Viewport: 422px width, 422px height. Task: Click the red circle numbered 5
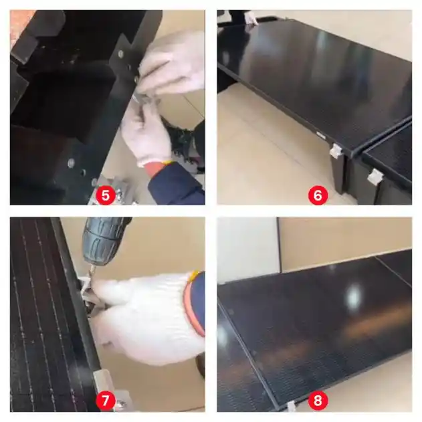pyautogui.click(x=106, y=195)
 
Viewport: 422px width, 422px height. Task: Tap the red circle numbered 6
pyautogui.click(x=318, y=195)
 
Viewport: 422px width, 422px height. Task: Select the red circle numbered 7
pyautogui.click(x=106, y=401)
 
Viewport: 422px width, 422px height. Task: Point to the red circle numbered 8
pyautogui.click(x=318, y=401)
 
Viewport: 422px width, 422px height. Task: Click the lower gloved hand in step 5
pyautogui.click(x=146, y=134)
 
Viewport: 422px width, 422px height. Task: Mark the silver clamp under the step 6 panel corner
pyautogui.click(x=336, y=151)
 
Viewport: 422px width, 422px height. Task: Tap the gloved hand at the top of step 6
pyautogui.click(x=251, y=18)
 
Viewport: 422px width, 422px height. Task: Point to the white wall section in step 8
pyautogui.click(x=247, y=247)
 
